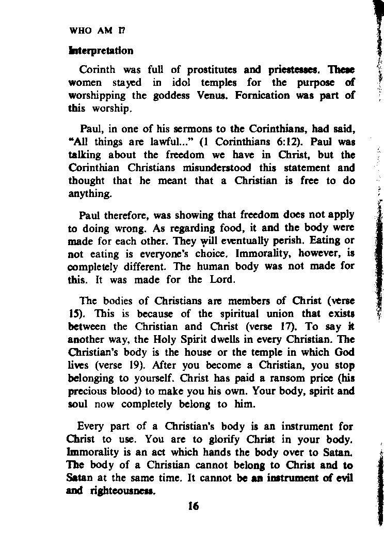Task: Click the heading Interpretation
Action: [101, 51]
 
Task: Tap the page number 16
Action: [194, 506]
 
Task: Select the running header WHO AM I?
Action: [97, 30]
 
